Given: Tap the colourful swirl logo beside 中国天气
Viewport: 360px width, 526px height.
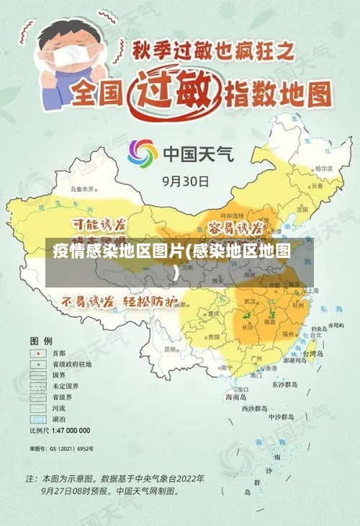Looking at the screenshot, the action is click(x=143, y=153).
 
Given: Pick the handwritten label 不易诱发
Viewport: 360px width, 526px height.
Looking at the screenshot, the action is click(x=87, y=301).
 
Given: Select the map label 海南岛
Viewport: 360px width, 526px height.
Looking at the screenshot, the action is click(x=236, y=396).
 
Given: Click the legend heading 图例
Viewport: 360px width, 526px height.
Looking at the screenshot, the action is click(x=40, y=339).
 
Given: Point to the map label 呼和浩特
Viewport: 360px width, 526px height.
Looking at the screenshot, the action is click(x=233, y=215).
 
